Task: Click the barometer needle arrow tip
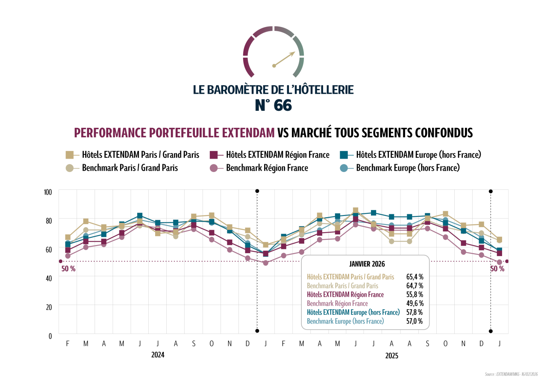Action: click(x=294, y=53)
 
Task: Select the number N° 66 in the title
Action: click(x=273, y=105)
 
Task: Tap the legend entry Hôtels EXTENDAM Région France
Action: click(x=278, y=155)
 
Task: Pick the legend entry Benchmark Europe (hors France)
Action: click(x=408, y=168)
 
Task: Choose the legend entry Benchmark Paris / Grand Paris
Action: click(x=130, y=168)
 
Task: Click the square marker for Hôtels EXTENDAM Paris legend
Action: click(x=69, y=155)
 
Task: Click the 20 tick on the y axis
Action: click(x=48, y=307)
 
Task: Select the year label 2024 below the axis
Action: click(x=158, y=355)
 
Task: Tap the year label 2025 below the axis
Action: click(x=391, y=355)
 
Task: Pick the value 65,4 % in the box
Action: click(x=415, y=277)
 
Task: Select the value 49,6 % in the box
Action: click(x=415, y=304)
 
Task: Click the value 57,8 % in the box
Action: click(x=415, y=312)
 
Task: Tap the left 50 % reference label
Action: click(x=68, y=269)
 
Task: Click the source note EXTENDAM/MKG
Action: click(x=511, y=375)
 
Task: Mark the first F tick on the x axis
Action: click(x=68, y=344)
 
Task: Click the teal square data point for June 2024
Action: click(x=140, y=216)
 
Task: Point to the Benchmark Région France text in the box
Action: click(x=337, y=304)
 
